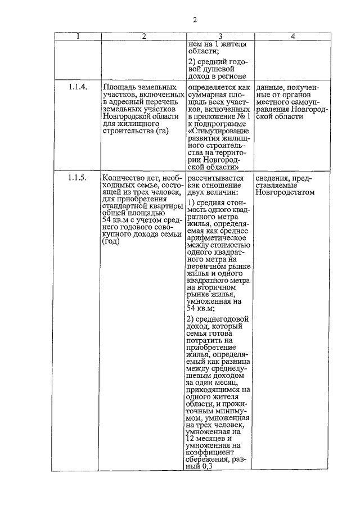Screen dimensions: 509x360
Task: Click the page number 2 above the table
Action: coord(195,21)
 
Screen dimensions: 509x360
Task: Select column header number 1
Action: coord(78,37)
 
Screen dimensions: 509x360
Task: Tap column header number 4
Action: coord(292,37)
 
